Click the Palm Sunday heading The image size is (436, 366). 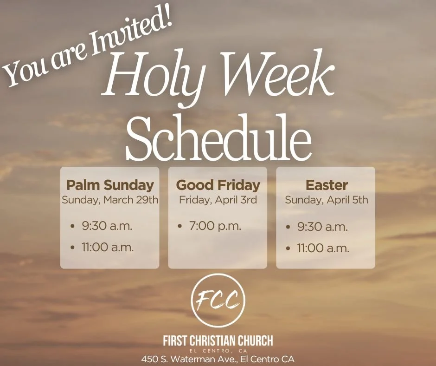click(110, 185)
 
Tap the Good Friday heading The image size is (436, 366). click(218, 185)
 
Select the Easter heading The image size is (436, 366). click(327, 185)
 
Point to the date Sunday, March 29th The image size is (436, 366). click(110, 200)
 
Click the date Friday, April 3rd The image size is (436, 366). click(218, 200)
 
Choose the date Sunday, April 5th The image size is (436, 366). click(327, 200)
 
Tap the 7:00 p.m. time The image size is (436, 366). click(215, 226)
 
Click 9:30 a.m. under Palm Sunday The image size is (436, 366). click(107, 226)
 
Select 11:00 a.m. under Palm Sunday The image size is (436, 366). click(108, 247)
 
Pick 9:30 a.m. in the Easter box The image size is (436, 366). click(322, 227)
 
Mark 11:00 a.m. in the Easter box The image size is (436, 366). click(323, 248)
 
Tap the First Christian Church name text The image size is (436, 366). click(218, 341)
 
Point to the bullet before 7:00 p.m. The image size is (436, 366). click(180, 227)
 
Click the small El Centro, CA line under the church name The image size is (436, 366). click(218, 350)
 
